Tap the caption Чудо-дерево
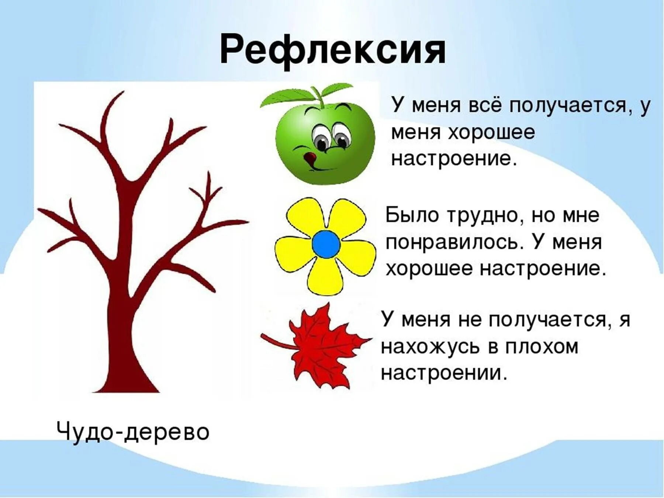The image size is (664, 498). coord(133,432)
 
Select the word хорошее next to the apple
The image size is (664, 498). coord(491,133)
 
